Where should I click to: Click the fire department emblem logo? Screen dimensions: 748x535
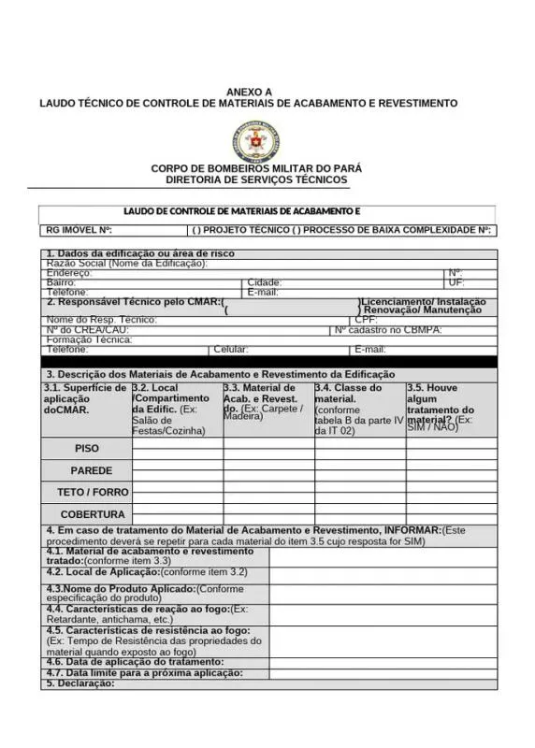pos(255,141)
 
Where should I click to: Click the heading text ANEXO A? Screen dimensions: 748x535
pos(249,92)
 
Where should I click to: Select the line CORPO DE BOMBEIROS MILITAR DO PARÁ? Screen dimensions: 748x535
pos(256,168)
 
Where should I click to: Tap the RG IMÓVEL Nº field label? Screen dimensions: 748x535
pos(80,230)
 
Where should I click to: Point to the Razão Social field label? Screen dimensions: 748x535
pos(126,264)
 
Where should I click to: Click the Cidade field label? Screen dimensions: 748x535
pos(265,282)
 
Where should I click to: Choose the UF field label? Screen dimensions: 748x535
pos(456,282)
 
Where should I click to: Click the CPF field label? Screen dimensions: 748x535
pos(366,320)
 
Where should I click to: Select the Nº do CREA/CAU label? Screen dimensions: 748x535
pos(88,330)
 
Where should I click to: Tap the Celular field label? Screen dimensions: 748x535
pos(230,349)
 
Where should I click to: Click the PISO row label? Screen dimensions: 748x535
pos(87,449)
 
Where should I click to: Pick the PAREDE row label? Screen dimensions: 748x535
pos(91,470)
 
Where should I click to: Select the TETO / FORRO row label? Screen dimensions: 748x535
pos(93,492)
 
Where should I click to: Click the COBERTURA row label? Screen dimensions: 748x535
pos(93,514)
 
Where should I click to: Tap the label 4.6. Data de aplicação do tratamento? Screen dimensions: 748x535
pos(135,662)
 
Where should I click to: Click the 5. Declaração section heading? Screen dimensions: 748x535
pos(80,683)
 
